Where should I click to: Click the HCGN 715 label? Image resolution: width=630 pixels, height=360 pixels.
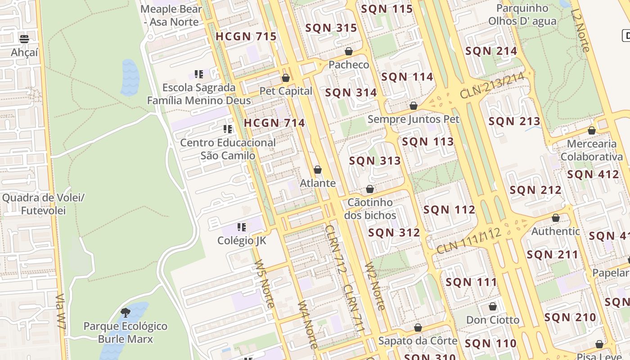246,36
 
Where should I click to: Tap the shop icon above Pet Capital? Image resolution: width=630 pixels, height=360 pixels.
285,78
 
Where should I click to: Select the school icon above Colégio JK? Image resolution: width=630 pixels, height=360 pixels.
242,227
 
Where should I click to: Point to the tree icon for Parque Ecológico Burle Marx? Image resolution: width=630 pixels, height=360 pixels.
126,312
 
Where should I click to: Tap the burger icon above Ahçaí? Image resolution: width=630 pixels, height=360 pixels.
24,39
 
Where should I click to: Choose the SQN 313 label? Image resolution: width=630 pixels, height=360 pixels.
374,161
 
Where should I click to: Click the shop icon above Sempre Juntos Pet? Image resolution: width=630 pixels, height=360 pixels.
413,106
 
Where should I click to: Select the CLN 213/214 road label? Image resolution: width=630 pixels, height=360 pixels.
492,86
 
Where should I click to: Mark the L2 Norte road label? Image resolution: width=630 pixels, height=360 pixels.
580,31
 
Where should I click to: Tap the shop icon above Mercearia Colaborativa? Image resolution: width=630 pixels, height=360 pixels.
591,130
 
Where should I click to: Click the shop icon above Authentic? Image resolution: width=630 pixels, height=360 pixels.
555,218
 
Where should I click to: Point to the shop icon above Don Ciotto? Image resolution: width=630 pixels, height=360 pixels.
493,306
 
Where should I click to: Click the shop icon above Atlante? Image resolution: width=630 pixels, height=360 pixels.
318,170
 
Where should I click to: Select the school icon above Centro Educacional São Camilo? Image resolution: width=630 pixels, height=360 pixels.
228,129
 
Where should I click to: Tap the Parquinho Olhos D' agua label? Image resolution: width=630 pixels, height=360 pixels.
522,15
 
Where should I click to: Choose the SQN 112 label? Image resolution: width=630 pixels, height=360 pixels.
449,210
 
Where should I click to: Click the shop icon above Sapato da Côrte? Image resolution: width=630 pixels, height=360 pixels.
418,327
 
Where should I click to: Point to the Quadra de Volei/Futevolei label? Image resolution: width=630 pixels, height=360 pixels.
43,204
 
